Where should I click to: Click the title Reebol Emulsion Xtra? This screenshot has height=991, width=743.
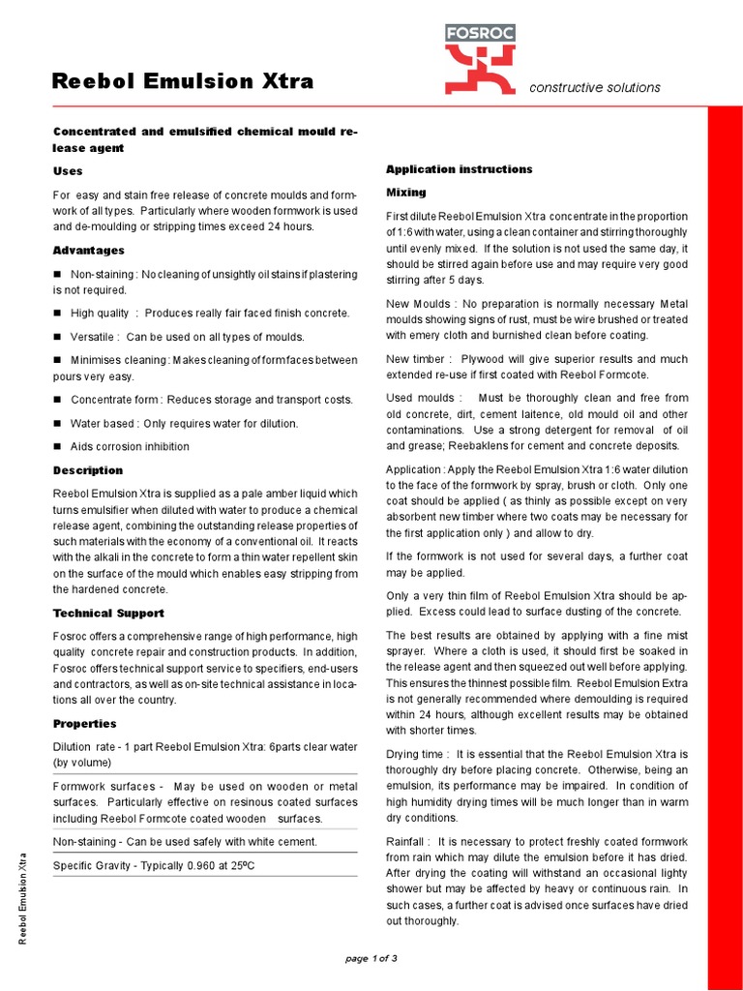183,81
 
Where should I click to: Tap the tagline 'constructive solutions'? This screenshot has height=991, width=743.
594,87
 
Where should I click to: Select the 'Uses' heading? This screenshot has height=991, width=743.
68,171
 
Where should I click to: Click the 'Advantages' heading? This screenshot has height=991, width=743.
88,251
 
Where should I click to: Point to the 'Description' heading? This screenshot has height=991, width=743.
87,470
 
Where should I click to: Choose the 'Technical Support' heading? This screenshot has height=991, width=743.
108,613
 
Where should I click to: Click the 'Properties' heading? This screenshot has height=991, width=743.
84,723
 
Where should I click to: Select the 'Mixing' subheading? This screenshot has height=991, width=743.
406,193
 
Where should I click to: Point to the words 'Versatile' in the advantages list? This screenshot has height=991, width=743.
93,337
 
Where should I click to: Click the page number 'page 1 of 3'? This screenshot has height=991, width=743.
371,958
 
